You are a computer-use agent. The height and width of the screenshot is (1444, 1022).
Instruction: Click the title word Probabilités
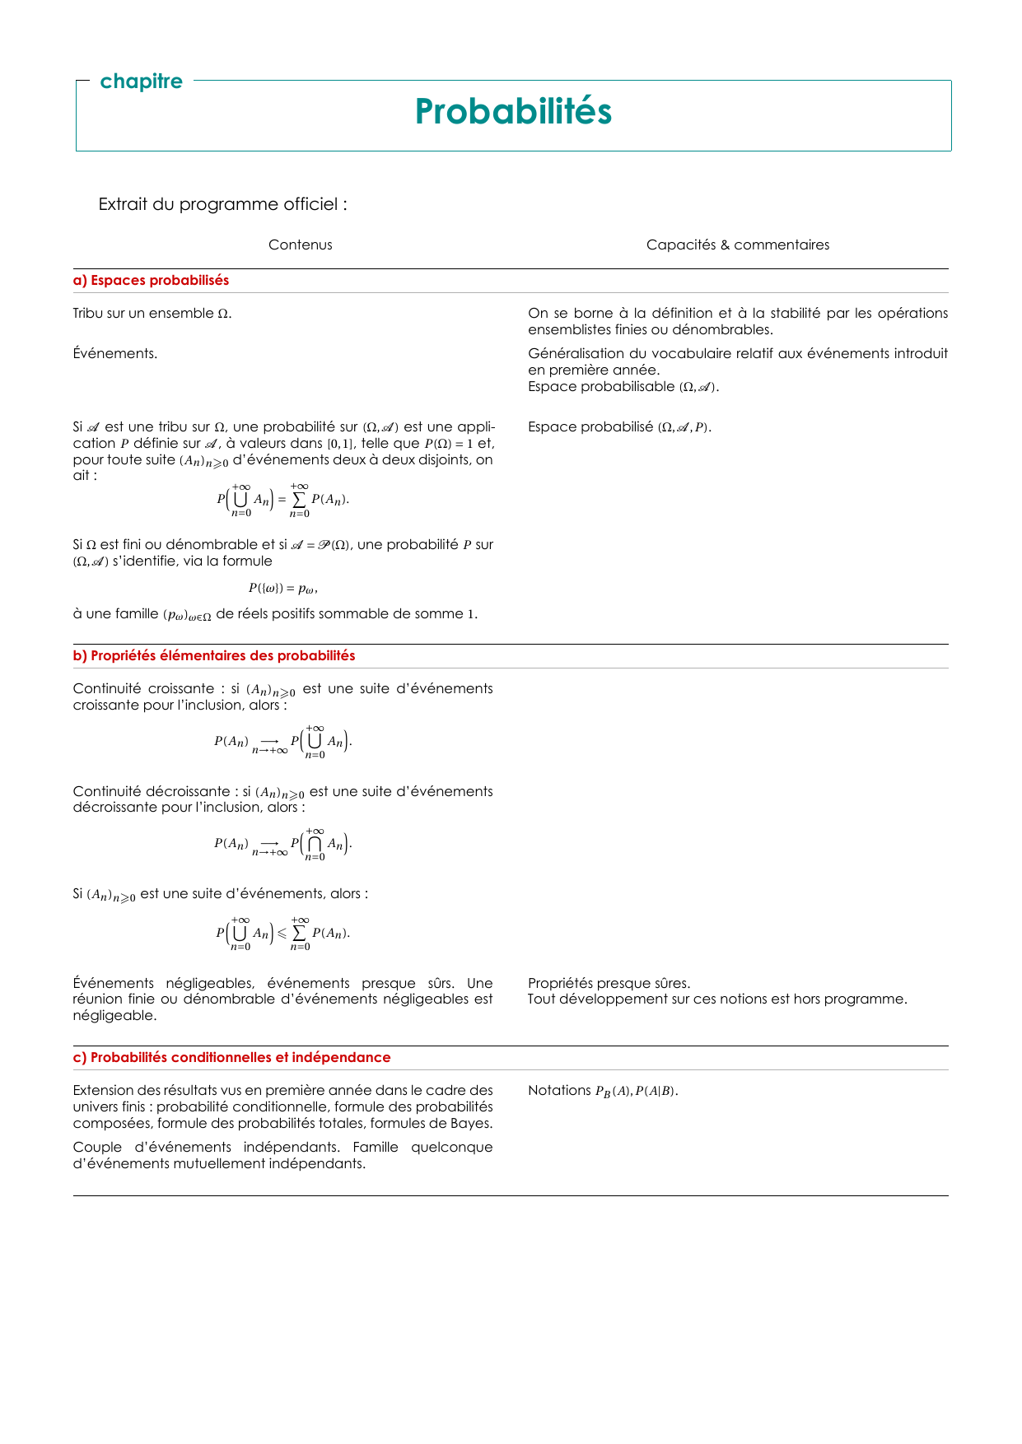click(x=513, y=112)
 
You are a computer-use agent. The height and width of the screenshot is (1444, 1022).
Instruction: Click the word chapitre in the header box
click(x=141, y=82)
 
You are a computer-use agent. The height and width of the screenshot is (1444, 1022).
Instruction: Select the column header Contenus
click(x=301, y=245)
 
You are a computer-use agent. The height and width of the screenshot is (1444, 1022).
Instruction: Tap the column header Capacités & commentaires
click(x=738, y=245)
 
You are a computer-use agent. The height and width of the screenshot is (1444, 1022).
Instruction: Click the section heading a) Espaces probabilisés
click(x=151, y=281)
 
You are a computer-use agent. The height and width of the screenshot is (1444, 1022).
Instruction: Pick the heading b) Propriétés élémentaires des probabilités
click(x=214, y=656)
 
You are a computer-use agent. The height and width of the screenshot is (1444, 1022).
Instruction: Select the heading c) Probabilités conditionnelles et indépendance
click(x=231, y=1058)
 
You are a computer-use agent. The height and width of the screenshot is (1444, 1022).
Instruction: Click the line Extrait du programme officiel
click(x=222, y=204)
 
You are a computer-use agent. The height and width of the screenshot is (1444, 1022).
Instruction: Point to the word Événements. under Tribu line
click(x=115, y=354)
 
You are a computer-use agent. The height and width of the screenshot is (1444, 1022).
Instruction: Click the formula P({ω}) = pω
click(x=282, y=589)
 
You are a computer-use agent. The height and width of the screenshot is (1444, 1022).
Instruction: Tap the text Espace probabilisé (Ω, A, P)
click(x=619, y=427)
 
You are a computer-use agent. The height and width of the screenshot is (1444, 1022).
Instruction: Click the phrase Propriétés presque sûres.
click(x=609, y=983)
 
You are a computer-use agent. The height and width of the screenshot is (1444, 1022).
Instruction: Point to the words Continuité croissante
click(x=143, y=689)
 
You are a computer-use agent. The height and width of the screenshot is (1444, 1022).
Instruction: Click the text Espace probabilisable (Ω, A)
click(x=623, y=387)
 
